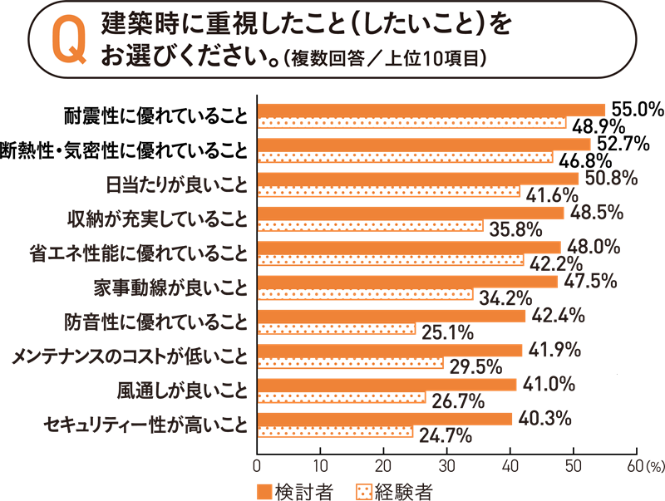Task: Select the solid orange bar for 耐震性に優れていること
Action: [x=431, y=110]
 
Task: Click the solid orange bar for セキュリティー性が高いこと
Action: [x=385, y=420]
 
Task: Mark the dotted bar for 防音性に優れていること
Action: [x=337, y=330]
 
